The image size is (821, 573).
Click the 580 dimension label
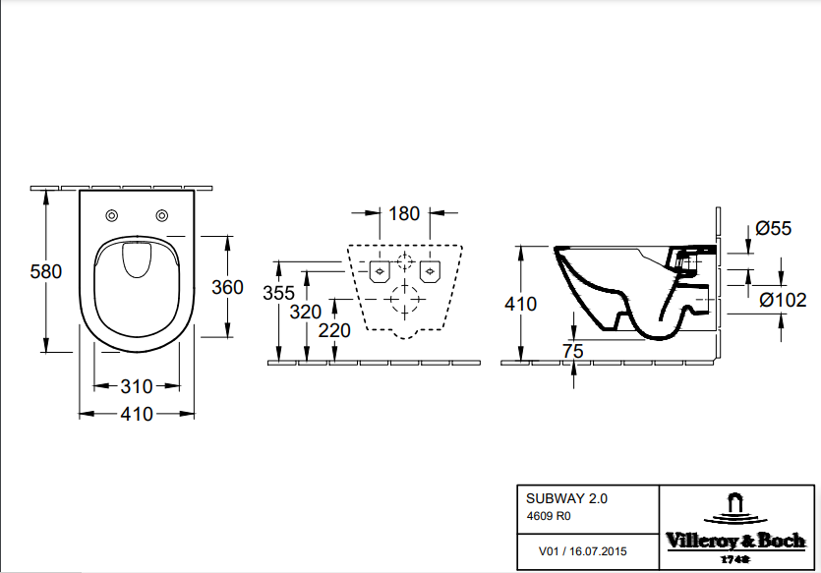(46, 271)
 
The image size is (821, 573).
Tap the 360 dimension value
(227, 287)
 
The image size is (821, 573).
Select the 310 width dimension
(137, 386)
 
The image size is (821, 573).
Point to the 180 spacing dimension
(404, 213)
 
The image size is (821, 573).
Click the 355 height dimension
(278, 293)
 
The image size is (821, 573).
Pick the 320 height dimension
(305, 313)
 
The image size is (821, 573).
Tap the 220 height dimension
(334, 330)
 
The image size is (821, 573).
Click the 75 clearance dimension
(573, 351)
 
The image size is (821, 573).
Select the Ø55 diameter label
(774, 228)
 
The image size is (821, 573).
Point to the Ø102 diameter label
(784, 300)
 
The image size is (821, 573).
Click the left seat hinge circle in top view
(111, 215)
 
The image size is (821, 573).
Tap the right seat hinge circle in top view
(162, 215)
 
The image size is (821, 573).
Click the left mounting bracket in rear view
(380, 271)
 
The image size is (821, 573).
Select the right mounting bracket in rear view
(430, 271)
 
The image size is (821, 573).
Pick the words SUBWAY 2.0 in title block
(566, 498)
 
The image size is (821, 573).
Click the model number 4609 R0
(549, 516)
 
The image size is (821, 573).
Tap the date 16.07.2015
(598, 551)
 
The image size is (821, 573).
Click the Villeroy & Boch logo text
(735, 541)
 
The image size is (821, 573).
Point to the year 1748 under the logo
(734, 559)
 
